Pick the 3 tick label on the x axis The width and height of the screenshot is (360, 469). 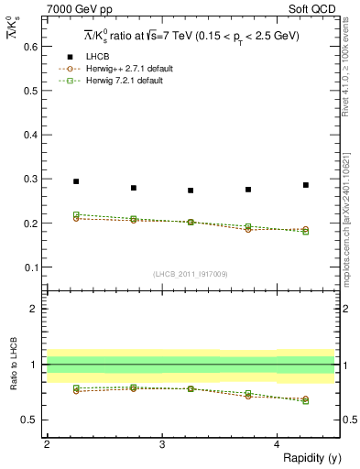point(162,443)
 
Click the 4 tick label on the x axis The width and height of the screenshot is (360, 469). point(278,443)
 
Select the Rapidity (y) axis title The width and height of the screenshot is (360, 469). point(306,458)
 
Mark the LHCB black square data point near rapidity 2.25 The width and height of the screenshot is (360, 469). point(76,181)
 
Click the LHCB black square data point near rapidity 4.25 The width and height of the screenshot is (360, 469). point(306,185)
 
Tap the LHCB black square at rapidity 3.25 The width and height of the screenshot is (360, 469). point(191,191)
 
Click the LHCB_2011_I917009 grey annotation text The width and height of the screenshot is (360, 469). point(190,274)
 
